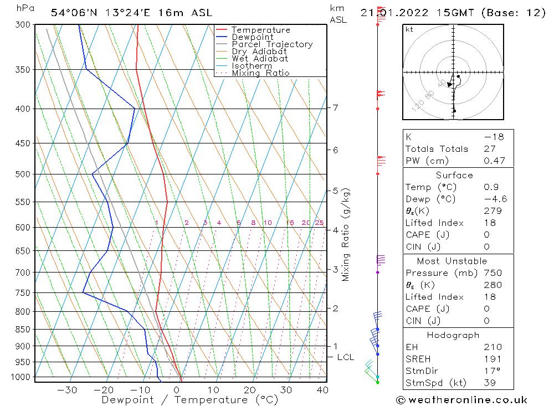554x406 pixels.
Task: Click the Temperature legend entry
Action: [260, 30]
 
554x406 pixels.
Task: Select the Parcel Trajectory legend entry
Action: [272, 44]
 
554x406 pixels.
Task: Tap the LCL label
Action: [345, 357]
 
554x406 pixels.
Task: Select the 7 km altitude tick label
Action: [336, 107]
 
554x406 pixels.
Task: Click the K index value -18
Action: [494, 137]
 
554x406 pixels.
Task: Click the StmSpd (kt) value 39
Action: [490, 383]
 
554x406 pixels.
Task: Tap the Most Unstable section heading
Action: [452, 261]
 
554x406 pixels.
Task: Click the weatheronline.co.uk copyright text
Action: [461, 400]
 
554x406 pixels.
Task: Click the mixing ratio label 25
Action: [319, 223]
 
